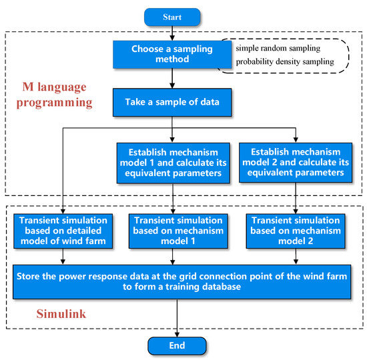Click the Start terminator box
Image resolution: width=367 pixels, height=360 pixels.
[x=172, y=17]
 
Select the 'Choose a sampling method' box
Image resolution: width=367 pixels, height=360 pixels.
[x=173, y=54]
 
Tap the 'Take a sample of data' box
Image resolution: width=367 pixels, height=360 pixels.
[x=173, y=102]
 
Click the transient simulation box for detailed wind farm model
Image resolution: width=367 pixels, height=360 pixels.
[x=63, y=230]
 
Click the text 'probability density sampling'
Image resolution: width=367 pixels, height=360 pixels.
[x=285, y=63]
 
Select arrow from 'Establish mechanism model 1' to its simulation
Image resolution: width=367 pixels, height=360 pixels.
[x=173, y=197]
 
